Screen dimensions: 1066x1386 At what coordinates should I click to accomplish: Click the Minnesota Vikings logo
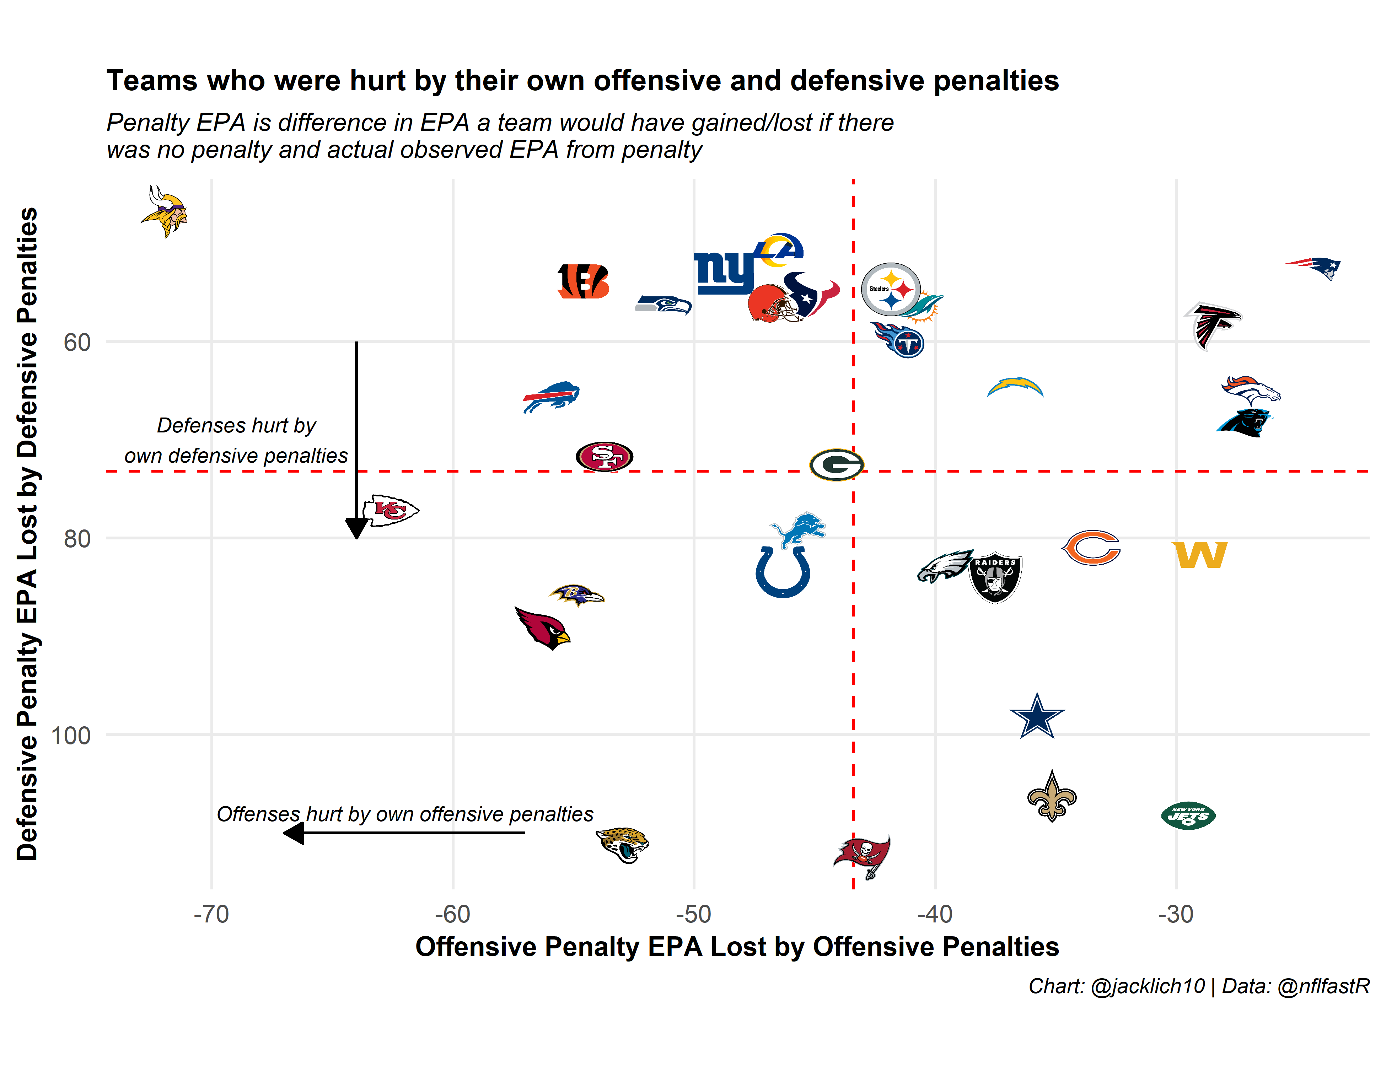[x=164, y=211]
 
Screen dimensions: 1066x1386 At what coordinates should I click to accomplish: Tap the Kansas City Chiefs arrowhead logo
[x=390, y=510]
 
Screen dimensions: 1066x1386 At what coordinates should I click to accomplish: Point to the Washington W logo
[x=1199, y=555]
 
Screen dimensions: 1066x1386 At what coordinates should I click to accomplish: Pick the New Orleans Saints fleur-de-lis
[x=1052, y=796]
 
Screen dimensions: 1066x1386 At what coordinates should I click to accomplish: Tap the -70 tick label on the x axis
[x=211, y=914]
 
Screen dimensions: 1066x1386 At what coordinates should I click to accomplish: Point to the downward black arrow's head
[x=357, y=528]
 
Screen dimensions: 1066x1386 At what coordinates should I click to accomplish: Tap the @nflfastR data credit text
[x=1323, y=986]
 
